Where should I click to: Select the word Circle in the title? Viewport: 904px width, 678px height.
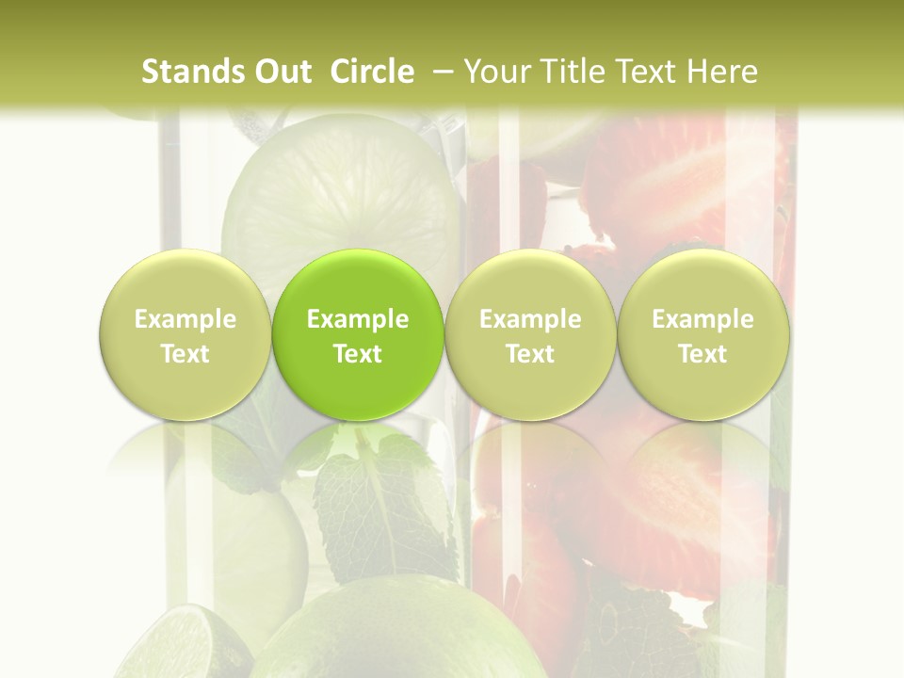tap(372, 72)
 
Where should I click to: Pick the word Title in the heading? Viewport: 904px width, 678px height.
tap(571, 72)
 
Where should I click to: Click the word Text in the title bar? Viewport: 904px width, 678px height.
tap(650, 72)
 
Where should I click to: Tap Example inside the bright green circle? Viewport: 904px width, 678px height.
tap(358, 319)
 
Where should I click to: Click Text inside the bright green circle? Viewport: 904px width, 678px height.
tap(358, 354)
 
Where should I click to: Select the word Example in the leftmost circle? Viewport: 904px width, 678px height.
tap(185, 319)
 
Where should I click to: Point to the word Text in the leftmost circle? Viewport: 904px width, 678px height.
tap(185, 354)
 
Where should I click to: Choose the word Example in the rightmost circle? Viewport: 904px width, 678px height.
tap(702, 319)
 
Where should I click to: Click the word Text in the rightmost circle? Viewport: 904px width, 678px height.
tap(702, 354)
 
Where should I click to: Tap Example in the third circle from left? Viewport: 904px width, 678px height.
tap(530, 319)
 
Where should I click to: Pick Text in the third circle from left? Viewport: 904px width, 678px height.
tap(530, 354)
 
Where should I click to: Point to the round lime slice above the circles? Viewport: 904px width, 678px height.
tap(344, 202)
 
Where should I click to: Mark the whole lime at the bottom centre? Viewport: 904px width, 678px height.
tap(395, 631)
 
